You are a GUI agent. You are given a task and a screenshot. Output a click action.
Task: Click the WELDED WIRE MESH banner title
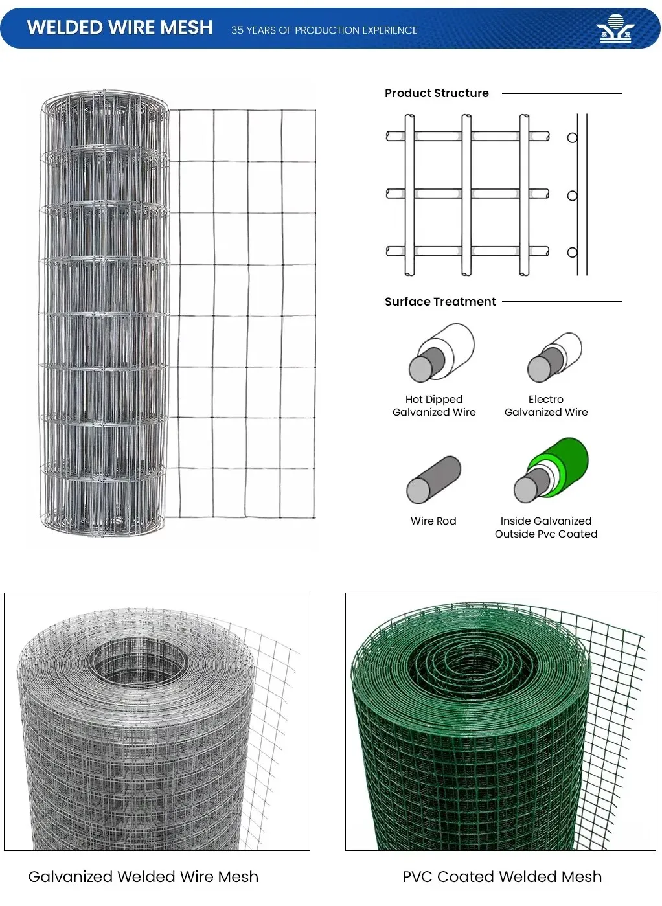click(x=120, y=27)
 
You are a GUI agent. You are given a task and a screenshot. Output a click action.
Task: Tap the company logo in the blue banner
click(x=615, y=29)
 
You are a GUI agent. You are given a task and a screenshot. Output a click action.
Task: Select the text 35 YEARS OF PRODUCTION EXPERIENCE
click(x=324, y=30)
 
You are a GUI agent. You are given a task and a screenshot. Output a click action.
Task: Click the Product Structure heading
click(x=437, y=93)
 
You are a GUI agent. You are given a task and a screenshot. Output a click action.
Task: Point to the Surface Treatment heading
click(x=440, y=302)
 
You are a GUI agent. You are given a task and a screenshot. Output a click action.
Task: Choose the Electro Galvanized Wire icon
click(x=554, y=357)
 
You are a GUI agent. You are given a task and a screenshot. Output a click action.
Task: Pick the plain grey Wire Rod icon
click(x=433, y=479)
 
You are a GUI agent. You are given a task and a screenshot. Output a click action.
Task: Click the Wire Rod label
click(x=433, y=521)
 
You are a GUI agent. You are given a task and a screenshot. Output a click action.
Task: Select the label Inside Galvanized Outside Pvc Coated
click(x=546, y=528)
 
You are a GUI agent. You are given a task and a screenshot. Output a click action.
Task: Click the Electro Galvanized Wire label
click(x=546, y=406)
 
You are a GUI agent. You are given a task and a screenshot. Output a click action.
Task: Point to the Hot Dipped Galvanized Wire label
click(x=434, y=406)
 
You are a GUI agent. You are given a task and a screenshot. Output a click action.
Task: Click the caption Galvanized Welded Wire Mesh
click(x=143, y=877)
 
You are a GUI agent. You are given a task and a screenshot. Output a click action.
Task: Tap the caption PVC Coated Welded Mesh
click(x=502, y=877)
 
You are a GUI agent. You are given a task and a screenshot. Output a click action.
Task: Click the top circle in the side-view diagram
click(x=572, y=138)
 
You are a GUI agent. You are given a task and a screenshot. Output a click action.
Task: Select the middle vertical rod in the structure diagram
click(x=466, y=194)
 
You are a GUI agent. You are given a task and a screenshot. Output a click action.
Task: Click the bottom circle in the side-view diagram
click(x=572, y=253)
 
